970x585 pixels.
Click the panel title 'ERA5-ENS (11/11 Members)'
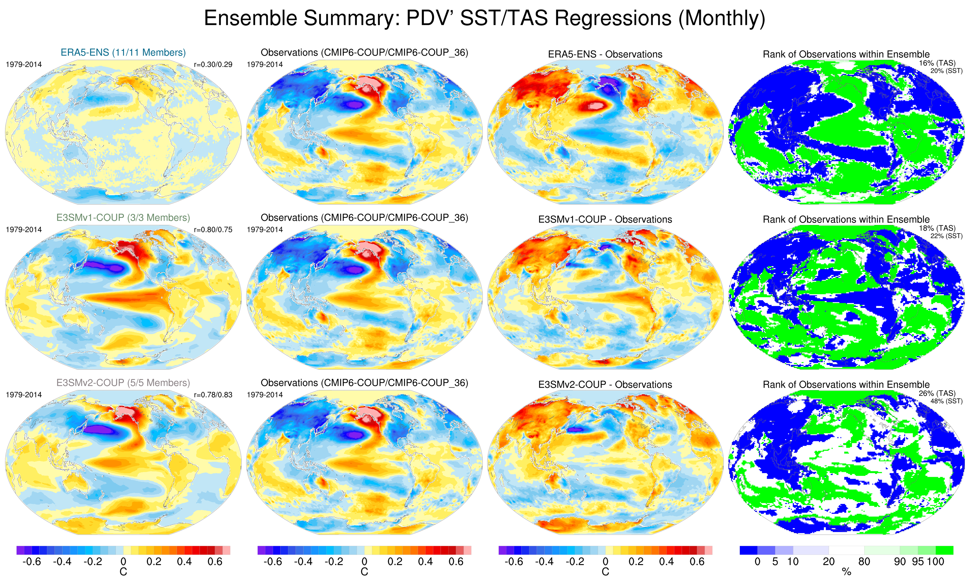coord(123,52)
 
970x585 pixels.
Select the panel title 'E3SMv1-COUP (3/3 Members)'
coord(123,218)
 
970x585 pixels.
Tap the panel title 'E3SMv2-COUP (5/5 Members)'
coord(123,383)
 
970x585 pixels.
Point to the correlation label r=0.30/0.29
coord(213,65)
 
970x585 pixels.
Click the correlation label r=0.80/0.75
coord(213,229)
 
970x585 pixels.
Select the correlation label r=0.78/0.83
coord(213,395)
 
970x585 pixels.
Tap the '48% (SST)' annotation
coord(946,401)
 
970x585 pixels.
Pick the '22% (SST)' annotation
coord(946,236)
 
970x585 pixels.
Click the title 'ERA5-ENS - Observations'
coord(605,54)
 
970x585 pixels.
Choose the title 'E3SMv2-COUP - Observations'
coord(605,384)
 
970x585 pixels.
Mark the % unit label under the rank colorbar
coord(846,572)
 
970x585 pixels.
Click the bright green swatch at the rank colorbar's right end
coord(944,550)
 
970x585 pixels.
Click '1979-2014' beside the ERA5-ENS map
coord(24,65)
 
